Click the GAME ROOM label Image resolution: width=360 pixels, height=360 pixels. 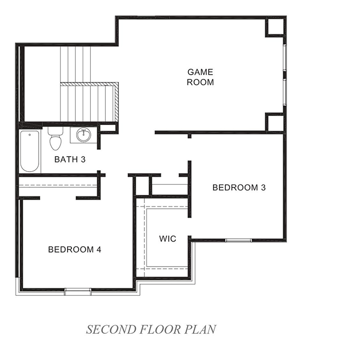[200, 77]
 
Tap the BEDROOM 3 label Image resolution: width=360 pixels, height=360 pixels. [239, 187]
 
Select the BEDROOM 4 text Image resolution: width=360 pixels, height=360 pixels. [75, 249]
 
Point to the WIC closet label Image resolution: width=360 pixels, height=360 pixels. [167, 238]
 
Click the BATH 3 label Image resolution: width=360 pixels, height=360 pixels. [70, 159]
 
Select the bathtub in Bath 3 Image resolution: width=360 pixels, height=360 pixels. [30, 151]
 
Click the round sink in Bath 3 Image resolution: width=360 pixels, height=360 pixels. [83, 136]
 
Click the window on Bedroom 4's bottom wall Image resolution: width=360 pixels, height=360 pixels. [78, 291]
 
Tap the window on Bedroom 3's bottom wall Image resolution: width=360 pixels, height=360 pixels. [238, 240]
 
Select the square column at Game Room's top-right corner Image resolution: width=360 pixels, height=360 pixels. [275, 26]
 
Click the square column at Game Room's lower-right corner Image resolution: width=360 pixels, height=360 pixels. [275, 122]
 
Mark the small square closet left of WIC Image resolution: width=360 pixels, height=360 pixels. [141, 186]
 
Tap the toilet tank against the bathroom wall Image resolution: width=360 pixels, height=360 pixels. [55, 130]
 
